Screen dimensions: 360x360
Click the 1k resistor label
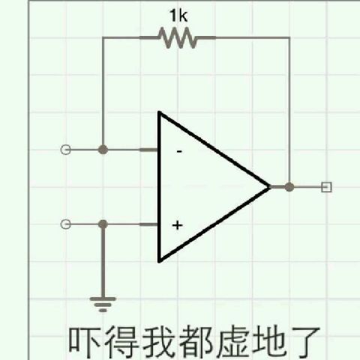(178, 16)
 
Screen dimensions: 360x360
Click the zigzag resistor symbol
(178, 38)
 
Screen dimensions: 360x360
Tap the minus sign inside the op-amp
(179, 151)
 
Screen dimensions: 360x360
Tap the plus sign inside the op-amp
(178, 226)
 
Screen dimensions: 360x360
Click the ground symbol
(103, 304)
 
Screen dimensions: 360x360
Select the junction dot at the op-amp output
(289, 187)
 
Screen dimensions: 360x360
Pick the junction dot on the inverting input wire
(103, 150)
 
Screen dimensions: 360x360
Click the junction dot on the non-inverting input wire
(103, 224)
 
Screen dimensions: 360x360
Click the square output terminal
(326, 187)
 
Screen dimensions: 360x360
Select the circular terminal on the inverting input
(66, 150)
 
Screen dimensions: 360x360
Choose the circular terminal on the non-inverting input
(66, 224)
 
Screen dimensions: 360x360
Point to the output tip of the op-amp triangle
(270, 187)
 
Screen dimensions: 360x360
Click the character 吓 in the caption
(84, 342)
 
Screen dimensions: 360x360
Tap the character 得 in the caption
(121, 342)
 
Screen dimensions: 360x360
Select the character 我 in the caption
(159, 342)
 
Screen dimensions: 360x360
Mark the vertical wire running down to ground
(103, 261)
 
